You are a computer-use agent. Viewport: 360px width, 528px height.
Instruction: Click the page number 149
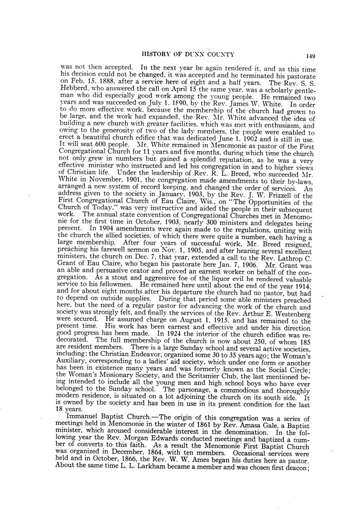click(x=310, y=56)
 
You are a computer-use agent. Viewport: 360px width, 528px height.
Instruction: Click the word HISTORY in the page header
click(x=155, y=54)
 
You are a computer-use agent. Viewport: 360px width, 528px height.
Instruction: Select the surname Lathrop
click(x=290, y=257)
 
